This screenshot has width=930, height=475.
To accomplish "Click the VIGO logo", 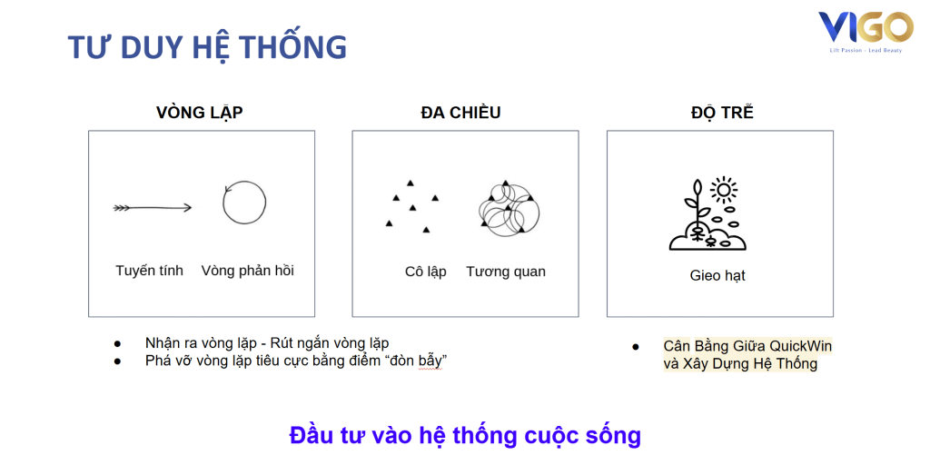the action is [x=866, y=32].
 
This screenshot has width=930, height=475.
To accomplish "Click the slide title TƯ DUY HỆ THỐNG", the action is [x=207, y=47].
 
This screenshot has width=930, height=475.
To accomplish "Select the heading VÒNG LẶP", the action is [x=199, y=112].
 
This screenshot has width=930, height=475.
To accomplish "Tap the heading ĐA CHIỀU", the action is [x=460, y=112].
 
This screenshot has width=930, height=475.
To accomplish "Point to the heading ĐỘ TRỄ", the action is [x=722, y=112].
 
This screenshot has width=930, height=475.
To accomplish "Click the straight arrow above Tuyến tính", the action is [x=153, y=208].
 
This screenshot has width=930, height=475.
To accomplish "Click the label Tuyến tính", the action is [x=150, y=271].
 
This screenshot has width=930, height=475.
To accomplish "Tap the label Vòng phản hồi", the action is [x=247, y=271].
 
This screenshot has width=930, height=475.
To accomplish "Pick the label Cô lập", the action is [x=425, y=272].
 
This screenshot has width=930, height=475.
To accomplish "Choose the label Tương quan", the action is [x=506, y=272].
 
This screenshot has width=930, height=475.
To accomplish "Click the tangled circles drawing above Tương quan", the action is [x=509, y=209].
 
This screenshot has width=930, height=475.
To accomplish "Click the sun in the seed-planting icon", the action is [x=724, y=190].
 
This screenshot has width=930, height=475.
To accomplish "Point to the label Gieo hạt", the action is [x=717, y=276].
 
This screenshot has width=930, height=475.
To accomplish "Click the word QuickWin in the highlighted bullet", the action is [x=801, y=346].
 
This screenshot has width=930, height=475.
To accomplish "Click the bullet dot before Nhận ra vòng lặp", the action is [x=117, y=343].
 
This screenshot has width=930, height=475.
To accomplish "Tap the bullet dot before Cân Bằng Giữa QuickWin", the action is [x=636, y=346].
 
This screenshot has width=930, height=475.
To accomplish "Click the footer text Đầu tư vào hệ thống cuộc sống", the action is [x=465, y=435].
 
